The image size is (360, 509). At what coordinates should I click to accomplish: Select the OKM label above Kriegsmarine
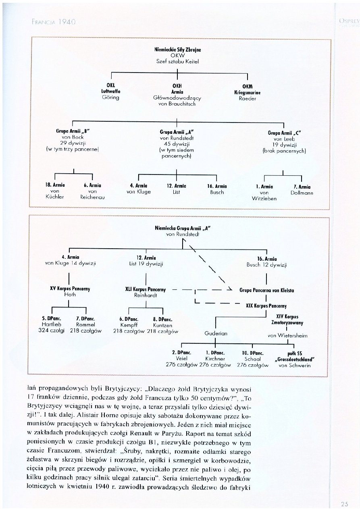pos(247,86)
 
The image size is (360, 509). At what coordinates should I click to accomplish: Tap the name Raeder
pos(247,98)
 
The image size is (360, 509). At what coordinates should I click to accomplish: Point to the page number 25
pos(343,503)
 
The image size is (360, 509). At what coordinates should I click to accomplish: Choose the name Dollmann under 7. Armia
pos(302,193)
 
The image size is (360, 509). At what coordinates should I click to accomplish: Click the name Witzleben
pos(264,198)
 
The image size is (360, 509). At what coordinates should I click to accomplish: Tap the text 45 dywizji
pos(177,144)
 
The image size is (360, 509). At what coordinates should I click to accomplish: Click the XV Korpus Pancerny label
pos(70,289)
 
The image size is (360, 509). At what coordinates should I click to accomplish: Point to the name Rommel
pos(85,324)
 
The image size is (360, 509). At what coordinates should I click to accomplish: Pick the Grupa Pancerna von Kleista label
pos(266,290)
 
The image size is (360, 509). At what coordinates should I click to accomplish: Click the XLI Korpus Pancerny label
pos(146,289)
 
